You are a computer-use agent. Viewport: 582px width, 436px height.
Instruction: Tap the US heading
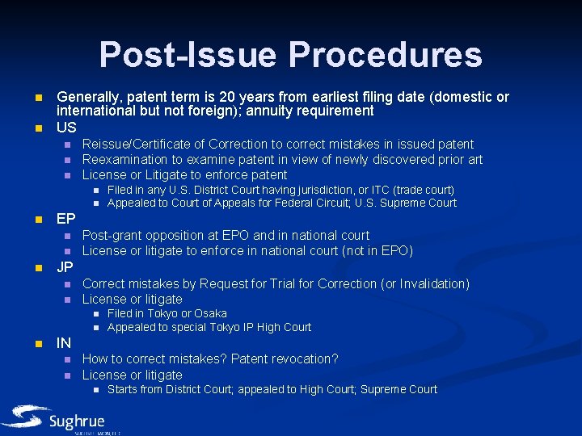click(x=66, y=128)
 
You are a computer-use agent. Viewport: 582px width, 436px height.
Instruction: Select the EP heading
click(x=66, y=219)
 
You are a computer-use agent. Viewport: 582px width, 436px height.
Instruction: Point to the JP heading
click(x=66, y=267)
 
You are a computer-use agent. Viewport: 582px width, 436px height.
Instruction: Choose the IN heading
click(x=65, y=343)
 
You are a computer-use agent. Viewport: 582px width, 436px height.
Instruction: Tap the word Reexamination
click(x=124, y=159)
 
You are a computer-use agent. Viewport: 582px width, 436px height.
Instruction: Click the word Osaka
click(x=210, y=313)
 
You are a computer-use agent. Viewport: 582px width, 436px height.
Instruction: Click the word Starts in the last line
click(x=122, y=389)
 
